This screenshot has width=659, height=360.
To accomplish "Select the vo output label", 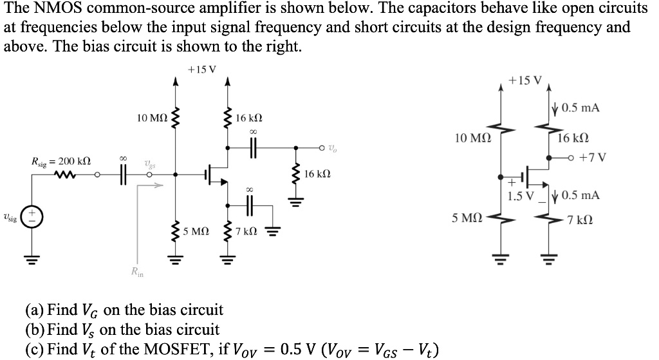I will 331,149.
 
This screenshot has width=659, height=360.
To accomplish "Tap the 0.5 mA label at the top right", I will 580,108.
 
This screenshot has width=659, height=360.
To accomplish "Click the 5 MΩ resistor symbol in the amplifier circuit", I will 173,230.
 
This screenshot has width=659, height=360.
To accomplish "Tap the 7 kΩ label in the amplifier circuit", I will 246,231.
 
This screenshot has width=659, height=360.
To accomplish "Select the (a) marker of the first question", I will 34,310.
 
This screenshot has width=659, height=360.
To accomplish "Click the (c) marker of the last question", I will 33,350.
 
